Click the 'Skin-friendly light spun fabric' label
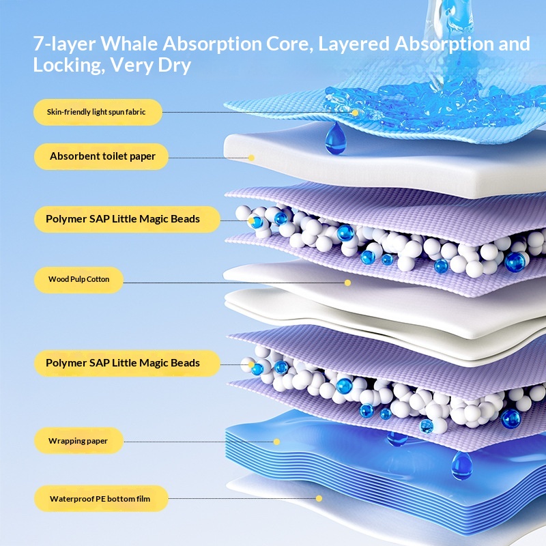point(96,111)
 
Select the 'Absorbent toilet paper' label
point(102,156)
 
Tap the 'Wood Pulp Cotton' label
point(78,279)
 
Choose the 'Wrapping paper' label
point(78,441)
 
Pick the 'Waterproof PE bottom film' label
point(100,499)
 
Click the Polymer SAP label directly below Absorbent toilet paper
point(123,219)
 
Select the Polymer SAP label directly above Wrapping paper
point(123,362)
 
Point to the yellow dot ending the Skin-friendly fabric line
point(355,112)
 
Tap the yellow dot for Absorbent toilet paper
point(251,158)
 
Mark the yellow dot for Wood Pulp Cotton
point(347,282)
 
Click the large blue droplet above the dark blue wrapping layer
point(461,465)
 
